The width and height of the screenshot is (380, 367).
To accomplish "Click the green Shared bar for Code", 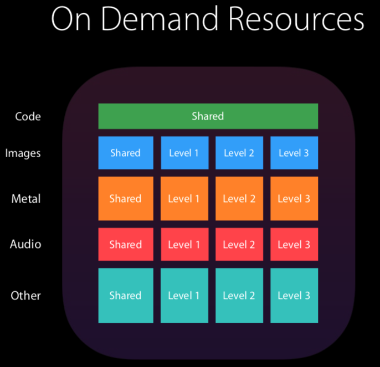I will tap(208, 116).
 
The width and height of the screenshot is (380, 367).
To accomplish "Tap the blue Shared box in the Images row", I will tap(126, 153).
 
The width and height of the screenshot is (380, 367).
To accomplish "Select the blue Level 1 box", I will tap(184, 153).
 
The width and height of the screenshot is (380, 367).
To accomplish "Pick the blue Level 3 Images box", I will tap(294, 153).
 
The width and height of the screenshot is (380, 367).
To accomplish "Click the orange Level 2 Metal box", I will tap(239, 199).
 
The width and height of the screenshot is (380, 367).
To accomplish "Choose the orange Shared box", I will tap(126, 199).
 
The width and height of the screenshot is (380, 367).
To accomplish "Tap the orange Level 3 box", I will tap(294, 199).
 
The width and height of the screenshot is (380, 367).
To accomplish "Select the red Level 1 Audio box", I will tap(184, 245).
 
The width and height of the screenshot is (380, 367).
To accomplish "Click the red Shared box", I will tap(126, 245).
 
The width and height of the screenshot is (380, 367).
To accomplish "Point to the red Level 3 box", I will tap(294, 245).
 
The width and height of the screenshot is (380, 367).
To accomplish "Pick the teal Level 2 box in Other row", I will tap(239, 296).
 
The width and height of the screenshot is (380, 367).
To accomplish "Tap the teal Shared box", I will tap(126, 296).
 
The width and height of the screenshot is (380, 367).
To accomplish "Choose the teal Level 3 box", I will tap(294, 296).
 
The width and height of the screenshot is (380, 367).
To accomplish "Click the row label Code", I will tap(28, 117).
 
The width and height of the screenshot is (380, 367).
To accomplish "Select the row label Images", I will tap(23, 153).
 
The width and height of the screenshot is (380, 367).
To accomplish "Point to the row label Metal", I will tap(26, 199).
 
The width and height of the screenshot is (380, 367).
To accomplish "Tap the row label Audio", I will tap(25, 244).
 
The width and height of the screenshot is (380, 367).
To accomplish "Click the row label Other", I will tap(26, 296).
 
